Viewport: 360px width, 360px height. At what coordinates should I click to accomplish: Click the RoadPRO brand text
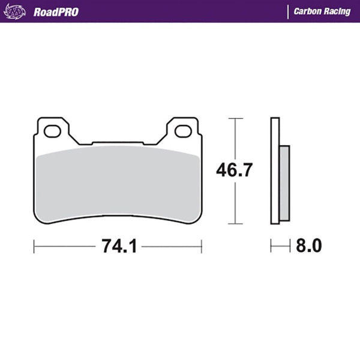pos(56,11)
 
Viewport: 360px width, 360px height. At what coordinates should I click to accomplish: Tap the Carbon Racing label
pos(322,11)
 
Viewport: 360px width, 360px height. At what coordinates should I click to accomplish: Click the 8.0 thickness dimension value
pos(309,246)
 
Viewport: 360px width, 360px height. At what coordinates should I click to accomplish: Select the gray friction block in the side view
pos(284,183)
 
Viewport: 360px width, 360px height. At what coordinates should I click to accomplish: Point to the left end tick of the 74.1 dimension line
pos(34,247)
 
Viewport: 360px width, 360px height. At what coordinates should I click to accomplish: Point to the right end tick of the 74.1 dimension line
pos(202,247)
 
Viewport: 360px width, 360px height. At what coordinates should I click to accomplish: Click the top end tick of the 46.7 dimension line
pos(235,118)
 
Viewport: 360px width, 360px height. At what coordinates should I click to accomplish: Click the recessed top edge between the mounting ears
pos(118,143)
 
